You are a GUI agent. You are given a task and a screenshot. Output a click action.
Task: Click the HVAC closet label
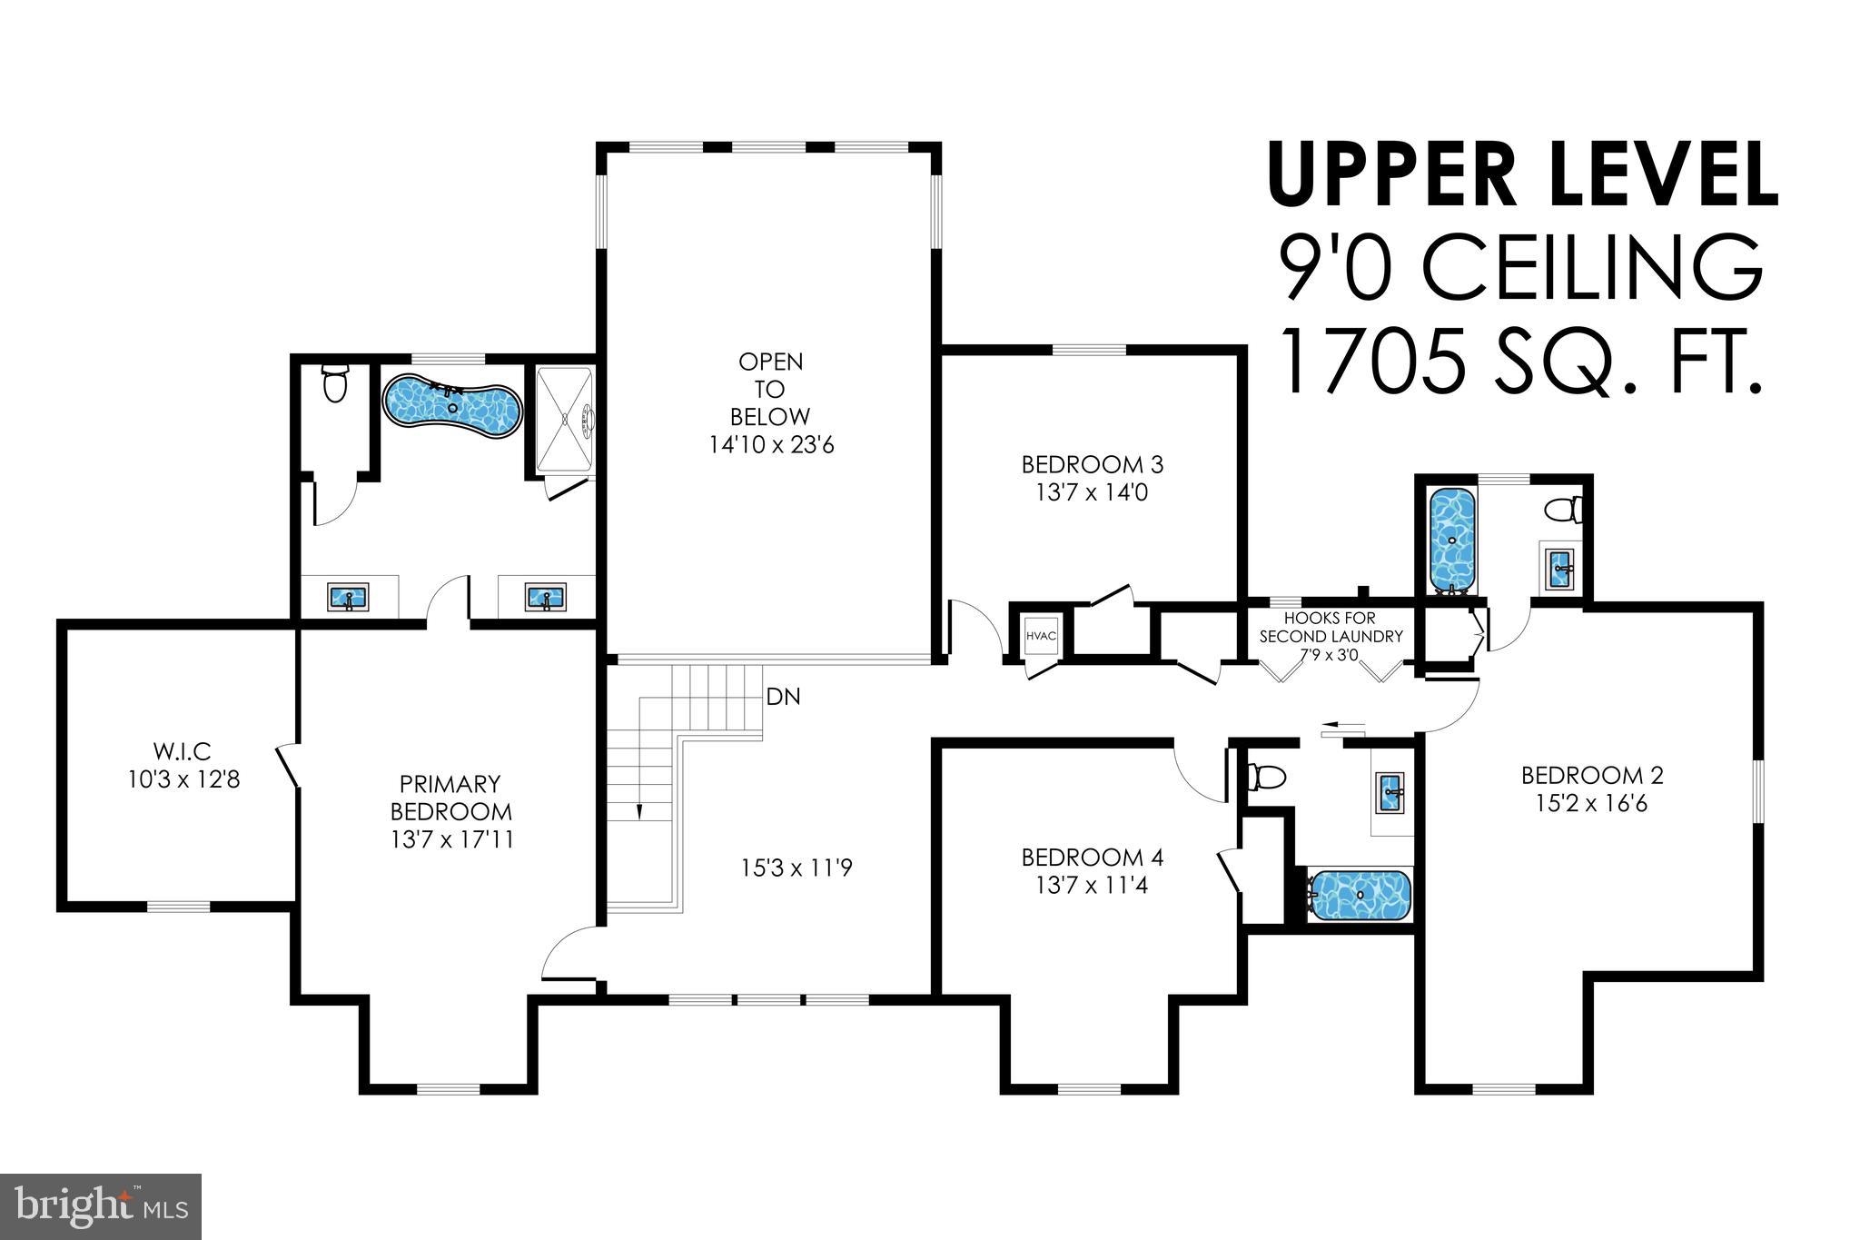pyautogui.click(x=1041, y=636)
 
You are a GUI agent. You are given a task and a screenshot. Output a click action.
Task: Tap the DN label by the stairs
pyautogui.click(x=783, y=698)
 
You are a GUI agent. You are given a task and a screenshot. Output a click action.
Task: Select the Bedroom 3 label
pyautogui.click(x=1093, y=464)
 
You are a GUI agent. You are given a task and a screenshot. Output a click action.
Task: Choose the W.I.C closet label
pyautogui.click(x=183, y=751)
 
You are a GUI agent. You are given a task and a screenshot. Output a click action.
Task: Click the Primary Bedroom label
pyautogui.click(x=450, y=797)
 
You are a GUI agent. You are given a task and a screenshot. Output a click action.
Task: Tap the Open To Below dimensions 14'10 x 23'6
pyautogui.click(x=771, y=445)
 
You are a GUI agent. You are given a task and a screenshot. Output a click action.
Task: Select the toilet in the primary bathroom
pyautogui.click(x=335, y=383)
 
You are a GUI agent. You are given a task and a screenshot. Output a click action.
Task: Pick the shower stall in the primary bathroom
pyautogui.click(x=564, y=419)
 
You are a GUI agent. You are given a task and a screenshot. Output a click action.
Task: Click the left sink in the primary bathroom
pyautogui.click(x=349, y=598)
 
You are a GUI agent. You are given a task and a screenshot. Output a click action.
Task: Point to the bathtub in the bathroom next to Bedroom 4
pyautogui.click(x=1359, y=895)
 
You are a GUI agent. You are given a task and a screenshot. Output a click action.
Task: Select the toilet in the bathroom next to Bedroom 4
pyautogui.click(x=1267, y=778)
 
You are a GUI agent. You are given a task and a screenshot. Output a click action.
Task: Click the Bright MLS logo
pyautogui.click(x=101, y=1207)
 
